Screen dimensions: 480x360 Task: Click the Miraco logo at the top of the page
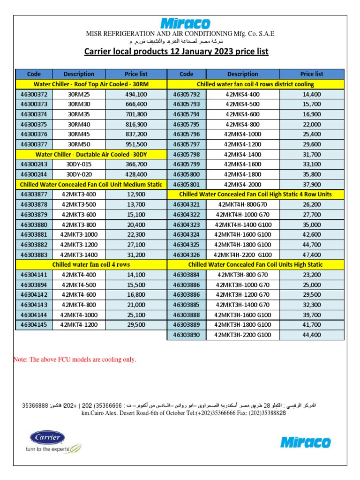point(186,23)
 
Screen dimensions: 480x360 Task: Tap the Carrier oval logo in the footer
point(45,438)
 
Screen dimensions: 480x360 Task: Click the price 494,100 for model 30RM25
point(136,94)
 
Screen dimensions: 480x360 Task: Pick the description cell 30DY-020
point(79,174)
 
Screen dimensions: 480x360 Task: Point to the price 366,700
point(136,164)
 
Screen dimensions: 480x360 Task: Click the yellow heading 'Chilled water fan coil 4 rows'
point(91,264)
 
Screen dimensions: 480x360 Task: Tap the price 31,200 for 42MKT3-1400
point(136,255)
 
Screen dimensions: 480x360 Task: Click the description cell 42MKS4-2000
point(242,184)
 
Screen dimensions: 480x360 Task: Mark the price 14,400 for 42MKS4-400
point(312,94)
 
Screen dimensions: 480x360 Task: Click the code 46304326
point(186,255)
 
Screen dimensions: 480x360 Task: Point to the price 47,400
point(312,255)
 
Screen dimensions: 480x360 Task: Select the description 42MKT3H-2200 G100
point(242,335)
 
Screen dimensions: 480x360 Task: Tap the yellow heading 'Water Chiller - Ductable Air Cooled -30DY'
point(91,154)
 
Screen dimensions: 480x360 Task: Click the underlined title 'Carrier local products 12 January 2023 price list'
point(176,51)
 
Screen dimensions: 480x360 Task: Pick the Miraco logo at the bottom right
point(305,442)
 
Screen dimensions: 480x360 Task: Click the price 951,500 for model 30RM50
point(136,144)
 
